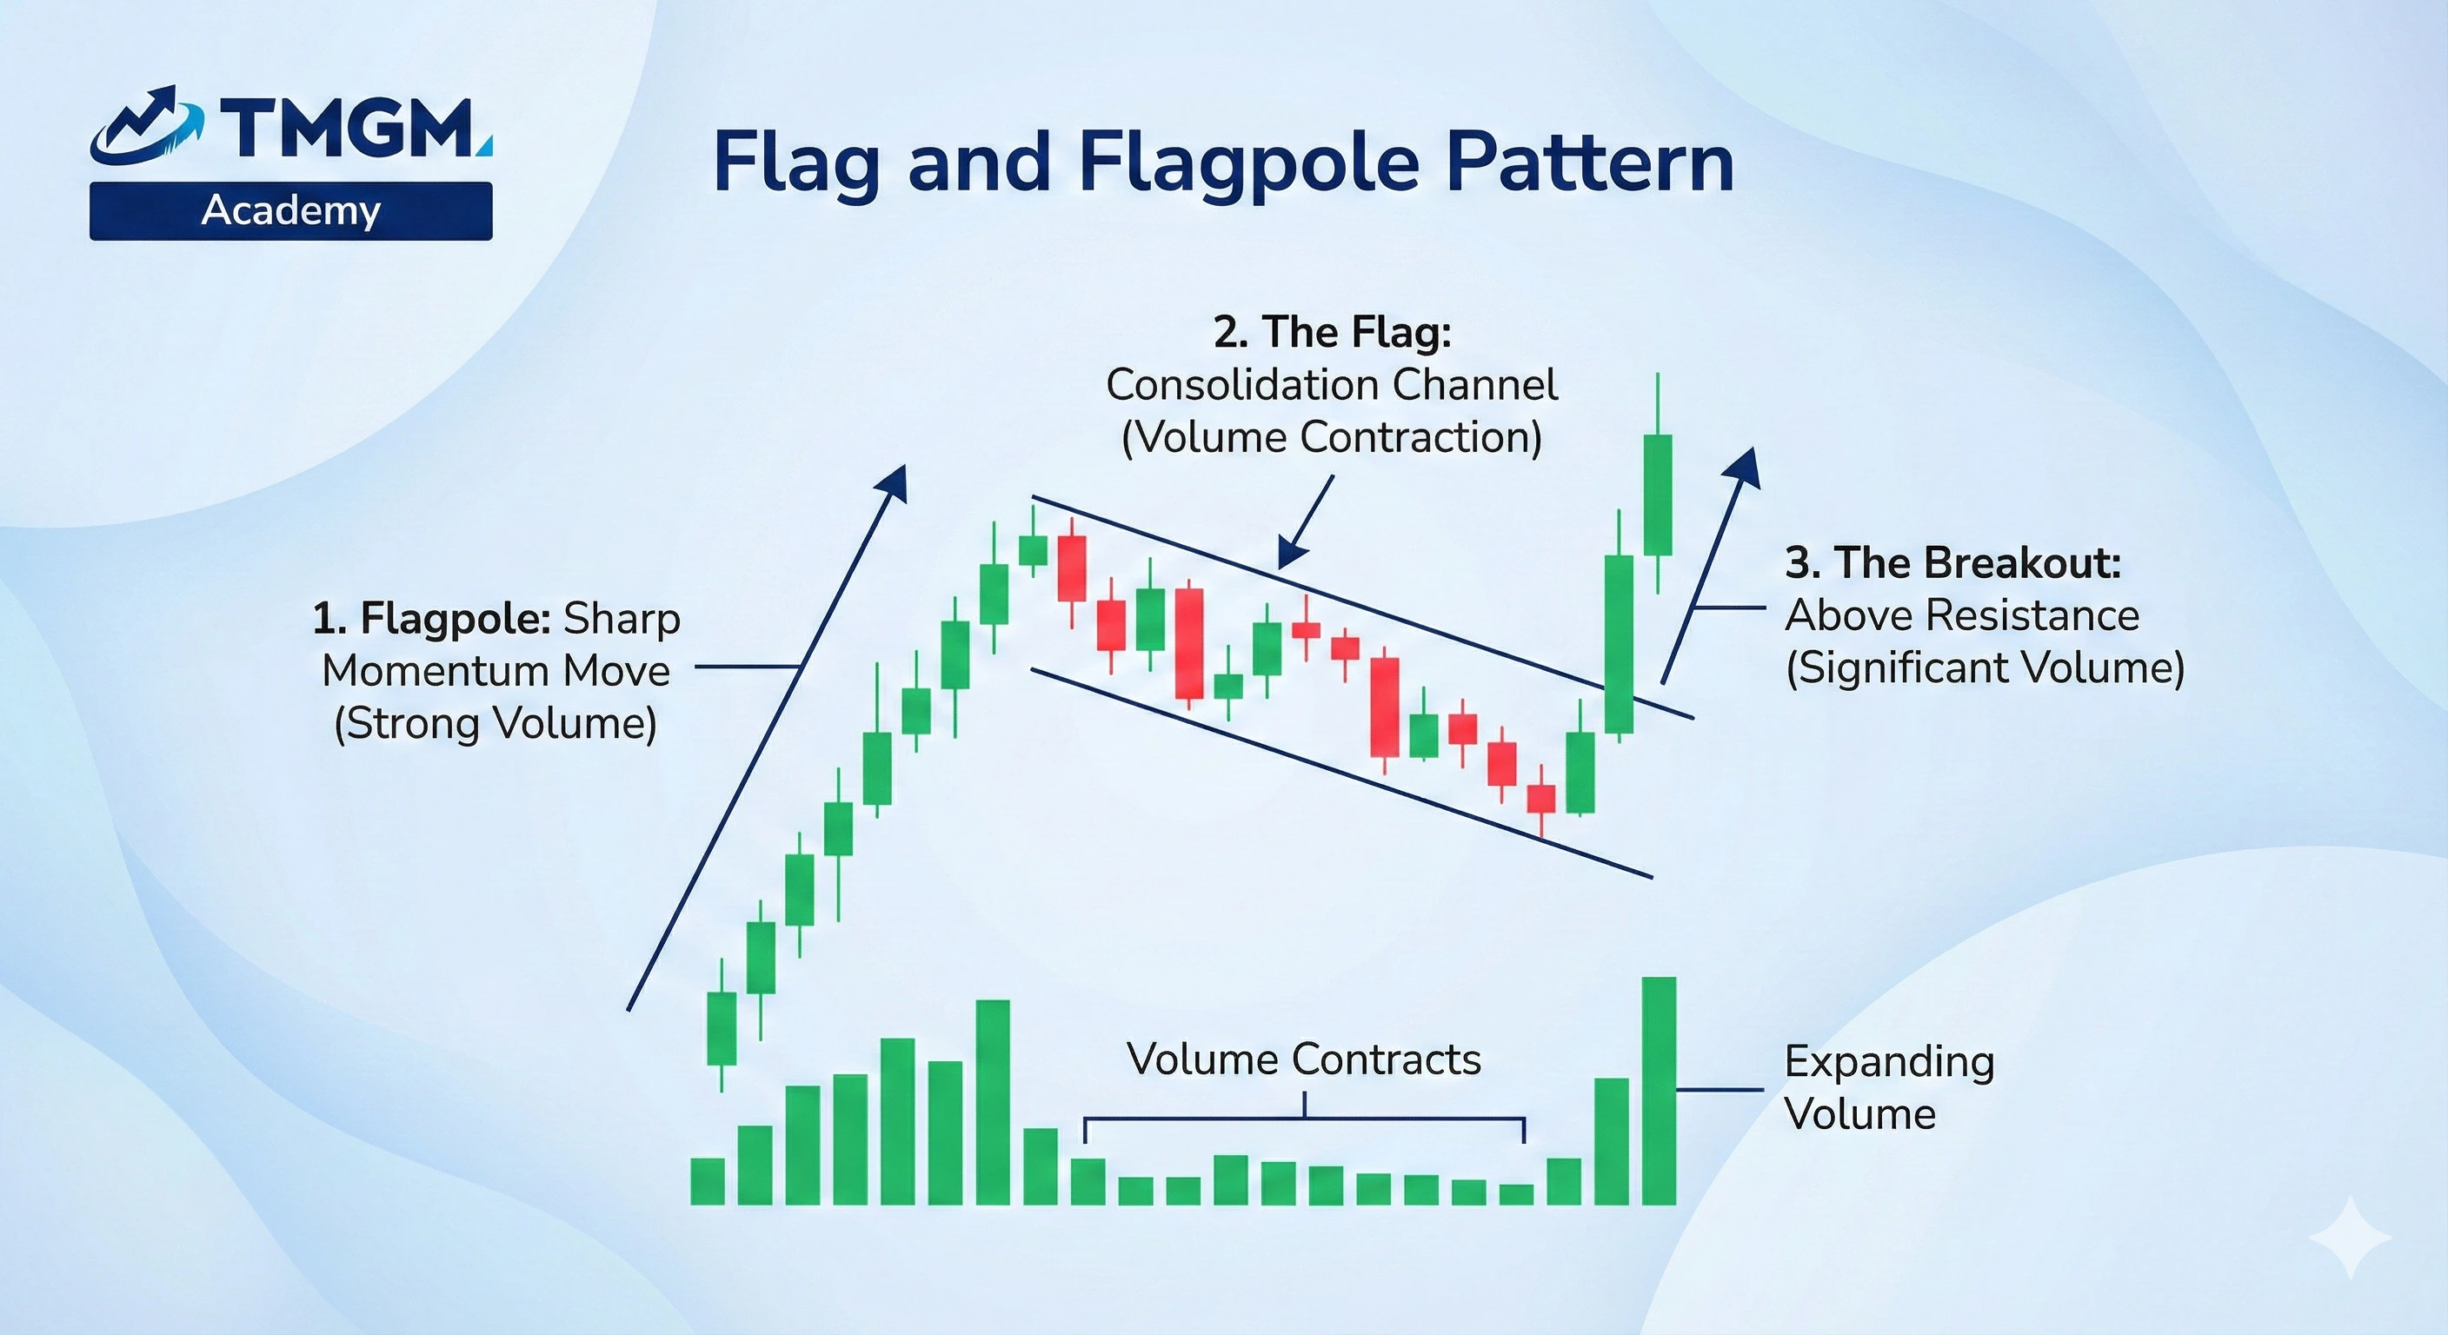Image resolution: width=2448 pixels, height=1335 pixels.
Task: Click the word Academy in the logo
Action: pos(291,211)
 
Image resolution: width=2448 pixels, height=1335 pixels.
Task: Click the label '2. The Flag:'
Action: pos(1333,332)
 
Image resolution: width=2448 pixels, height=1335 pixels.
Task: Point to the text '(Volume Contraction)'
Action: pos(1332,437)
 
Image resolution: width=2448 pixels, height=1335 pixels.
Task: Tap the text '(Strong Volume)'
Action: pos(496,723)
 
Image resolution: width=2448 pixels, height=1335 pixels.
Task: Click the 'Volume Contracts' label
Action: pos(1304,1059)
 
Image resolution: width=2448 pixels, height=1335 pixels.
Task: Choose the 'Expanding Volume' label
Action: pos(1889,1087)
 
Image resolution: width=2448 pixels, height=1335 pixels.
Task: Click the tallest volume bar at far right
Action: pos(1660,1091)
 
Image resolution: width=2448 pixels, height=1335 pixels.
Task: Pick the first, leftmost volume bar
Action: pos(707,1182)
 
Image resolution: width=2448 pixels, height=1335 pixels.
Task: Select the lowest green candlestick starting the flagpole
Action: pos(722,1028)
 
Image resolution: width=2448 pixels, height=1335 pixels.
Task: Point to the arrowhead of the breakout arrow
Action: pos(1743,468)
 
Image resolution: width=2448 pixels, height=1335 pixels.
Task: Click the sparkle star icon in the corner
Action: pos(2351,1237)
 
